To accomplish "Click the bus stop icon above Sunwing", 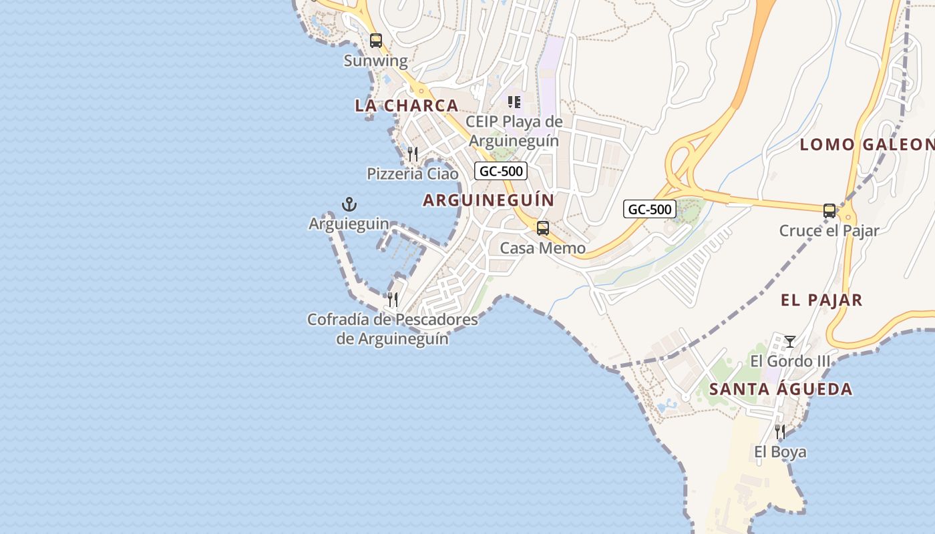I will (376, 41).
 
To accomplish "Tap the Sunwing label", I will (375, 61).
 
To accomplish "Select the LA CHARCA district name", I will (406, 105).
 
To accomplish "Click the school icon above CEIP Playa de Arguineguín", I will (514, 102).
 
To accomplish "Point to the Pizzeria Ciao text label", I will (413, 174).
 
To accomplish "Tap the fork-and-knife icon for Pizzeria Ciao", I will (413, 154).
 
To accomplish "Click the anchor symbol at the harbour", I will (349, 204).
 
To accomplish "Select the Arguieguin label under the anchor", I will (349, 224).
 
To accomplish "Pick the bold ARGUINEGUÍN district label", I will (489, 200).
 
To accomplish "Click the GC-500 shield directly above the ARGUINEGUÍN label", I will (502, 171).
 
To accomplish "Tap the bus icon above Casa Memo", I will (543, 228).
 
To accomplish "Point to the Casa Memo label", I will (543, 248).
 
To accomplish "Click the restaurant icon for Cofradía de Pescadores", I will (393, 299).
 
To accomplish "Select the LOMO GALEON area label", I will (867, 144).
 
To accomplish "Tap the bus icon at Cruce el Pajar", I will (829, 211).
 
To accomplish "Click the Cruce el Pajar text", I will (829, 231).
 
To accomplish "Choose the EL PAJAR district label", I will (821, 300).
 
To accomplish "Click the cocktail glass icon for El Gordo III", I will (790, 342).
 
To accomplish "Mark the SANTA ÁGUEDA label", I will (781, 389).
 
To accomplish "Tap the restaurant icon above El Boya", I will (780, 432).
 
